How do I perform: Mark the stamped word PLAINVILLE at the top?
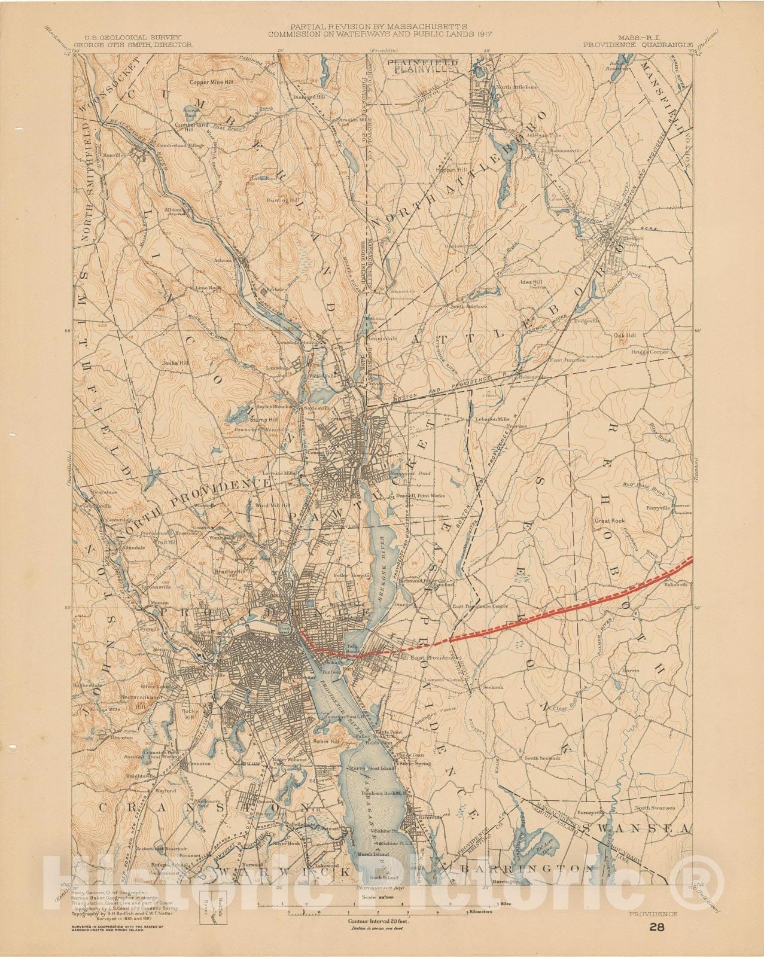[x=424, y=68]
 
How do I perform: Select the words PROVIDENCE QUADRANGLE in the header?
[x=639, y=44]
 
